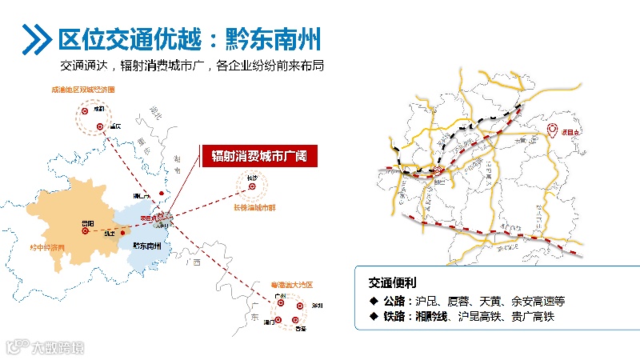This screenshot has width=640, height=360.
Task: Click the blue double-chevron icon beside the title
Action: click(35, 37)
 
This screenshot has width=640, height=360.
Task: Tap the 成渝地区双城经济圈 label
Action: click(83, 90)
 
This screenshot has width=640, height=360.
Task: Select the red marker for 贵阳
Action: click(84, 230)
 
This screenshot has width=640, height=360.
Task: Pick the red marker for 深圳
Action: click(299, 306)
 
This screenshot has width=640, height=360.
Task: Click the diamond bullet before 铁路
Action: click(374, 317)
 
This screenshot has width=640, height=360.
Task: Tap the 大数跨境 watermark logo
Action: click(44, 346)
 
